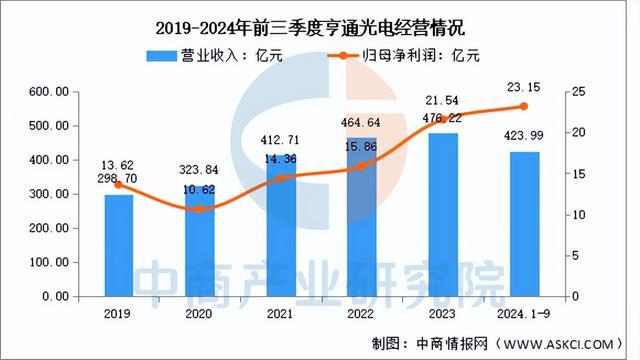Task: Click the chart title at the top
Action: click(x=319, y=21)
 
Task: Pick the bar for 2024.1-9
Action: click(x=523, y=224)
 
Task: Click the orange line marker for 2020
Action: click(x=200, y=209)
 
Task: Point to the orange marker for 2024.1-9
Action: click(x=523, y=106)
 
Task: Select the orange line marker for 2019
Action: click(x=118, y=185)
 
